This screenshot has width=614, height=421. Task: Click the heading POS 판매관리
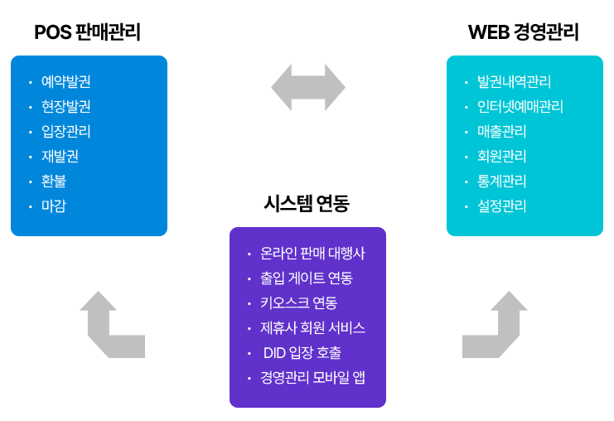87,32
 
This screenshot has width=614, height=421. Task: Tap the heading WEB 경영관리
523,32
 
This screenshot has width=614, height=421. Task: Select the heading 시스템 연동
307,204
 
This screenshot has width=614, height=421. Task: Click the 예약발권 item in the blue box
65,82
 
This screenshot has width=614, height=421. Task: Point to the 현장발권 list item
65,107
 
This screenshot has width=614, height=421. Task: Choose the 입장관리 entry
65,132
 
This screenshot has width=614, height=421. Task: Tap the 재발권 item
60,157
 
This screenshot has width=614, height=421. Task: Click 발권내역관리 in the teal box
514,82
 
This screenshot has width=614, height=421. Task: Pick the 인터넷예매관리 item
520,107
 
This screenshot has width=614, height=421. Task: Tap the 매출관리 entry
501,132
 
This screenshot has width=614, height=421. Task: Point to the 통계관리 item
501,181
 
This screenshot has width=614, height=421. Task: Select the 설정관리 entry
501,206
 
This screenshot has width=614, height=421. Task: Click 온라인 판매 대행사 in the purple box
312,254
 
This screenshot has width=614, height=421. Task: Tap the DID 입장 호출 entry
302,353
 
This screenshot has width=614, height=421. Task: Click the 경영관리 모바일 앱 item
312,378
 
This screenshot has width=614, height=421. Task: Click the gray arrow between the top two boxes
307,87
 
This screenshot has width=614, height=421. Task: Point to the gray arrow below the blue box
110,324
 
